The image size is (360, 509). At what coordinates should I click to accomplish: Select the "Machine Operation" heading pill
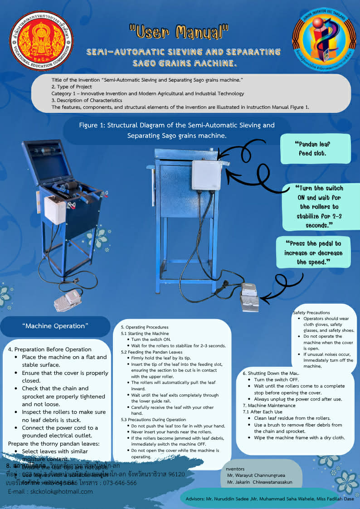click(x=55, y=326)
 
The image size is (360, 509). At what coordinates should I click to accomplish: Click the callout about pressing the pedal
click(x=313, y=252)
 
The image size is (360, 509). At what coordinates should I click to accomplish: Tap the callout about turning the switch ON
click(x=319, y=207)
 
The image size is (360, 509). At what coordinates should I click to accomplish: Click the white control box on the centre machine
click(x=206, y=175)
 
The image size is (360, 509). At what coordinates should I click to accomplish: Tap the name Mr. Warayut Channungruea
click(x=256, y=475)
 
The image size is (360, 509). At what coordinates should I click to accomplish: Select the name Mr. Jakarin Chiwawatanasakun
click(x=260, y=482)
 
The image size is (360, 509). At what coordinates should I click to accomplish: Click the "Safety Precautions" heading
click(x=311, y=312)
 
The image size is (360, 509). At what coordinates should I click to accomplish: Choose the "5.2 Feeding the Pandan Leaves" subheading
click(x=151, y=352)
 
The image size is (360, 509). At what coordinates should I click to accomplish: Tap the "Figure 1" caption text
click(x=177, y=130)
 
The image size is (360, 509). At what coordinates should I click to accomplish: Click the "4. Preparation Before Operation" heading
click(x=50, y=349)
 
